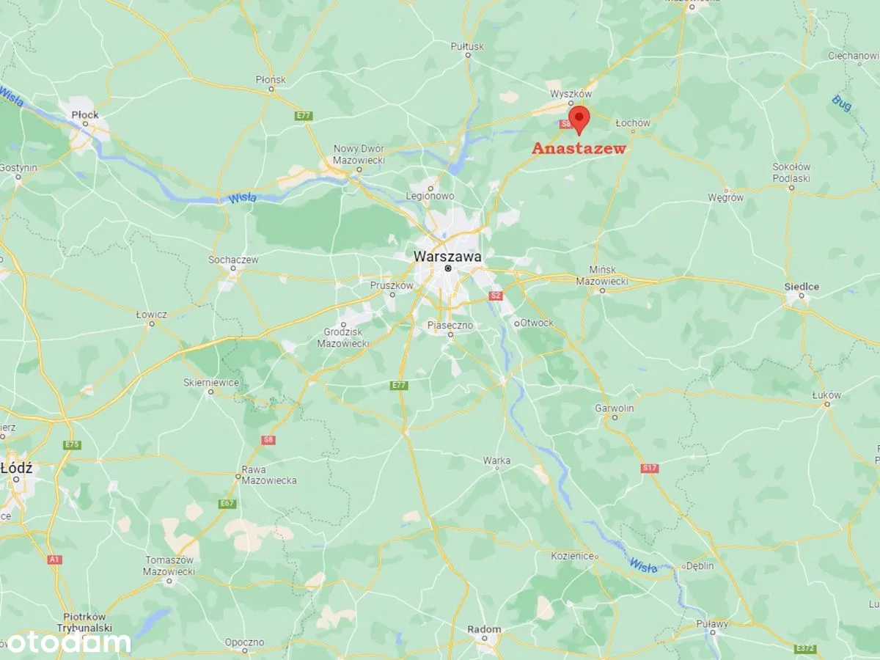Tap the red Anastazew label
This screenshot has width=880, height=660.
point(579,148)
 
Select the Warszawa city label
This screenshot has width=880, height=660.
point(447,257)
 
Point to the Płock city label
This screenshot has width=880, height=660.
point(85,114)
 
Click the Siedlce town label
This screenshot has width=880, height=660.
point(802,287)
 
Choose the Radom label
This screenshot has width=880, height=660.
point(484,629)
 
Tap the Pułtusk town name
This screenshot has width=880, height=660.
point(468,46)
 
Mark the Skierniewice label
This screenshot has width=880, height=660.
point(211,382)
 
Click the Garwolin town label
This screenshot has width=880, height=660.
point(615,408)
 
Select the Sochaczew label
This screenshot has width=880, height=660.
point(233,260)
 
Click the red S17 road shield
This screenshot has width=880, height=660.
point(649,468)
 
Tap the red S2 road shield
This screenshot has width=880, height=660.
point(496,296)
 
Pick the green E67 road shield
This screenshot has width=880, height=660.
point(227,504)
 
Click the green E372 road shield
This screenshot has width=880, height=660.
point(805,648)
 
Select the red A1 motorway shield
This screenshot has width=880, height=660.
point(55,560)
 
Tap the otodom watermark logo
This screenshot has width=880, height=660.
point(66,643)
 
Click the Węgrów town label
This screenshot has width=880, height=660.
point(725,197)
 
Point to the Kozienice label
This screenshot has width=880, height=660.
point(572,556)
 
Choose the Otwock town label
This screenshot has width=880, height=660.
point(537,323)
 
